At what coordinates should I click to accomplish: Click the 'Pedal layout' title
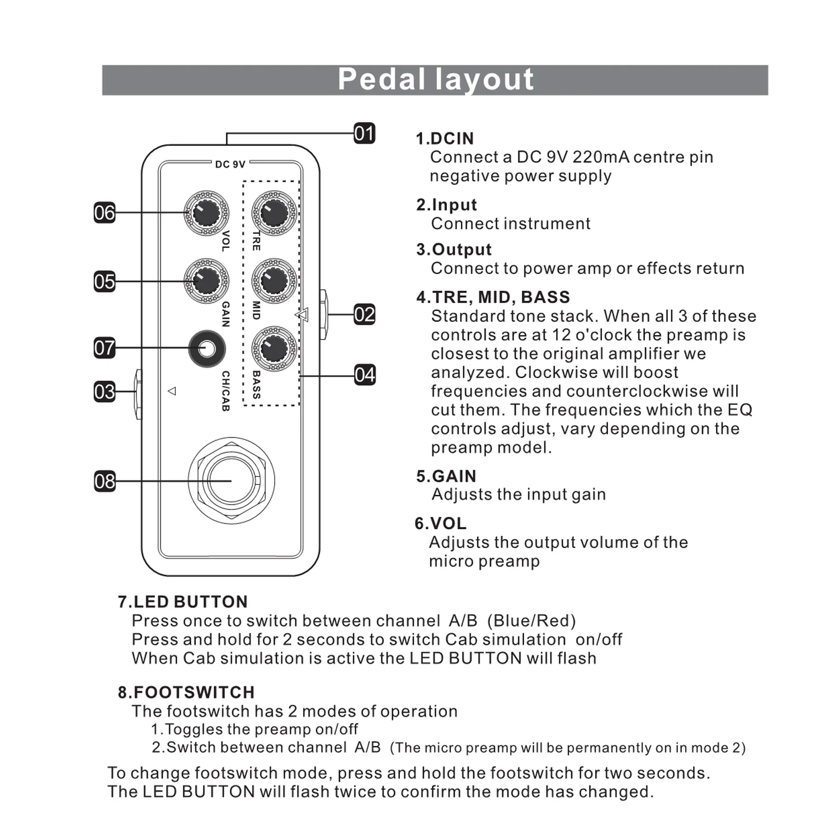(435, 79)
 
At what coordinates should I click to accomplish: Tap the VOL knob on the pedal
(206, 213)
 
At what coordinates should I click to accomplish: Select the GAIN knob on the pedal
(206, 281)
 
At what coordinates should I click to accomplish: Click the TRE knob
(274, 213)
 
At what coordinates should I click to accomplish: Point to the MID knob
(274, 281)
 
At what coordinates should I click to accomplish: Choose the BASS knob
(274, 348)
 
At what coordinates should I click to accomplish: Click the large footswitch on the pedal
(231, 480)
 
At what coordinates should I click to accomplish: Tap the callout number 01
(364, 134)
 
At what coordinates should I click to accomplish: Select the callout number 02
(364, 314)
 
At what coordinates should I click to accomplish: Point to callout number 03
(105, 392)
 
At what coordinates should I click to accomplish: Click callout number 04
(364, 375)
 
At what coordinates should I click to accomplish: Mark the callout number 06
(105, 213)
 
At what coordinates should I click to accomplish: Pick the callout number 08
(105, 481)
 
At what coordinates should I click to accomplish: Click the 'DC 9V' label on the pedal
(230, 164)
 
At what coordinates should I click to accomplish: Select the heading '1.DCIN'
(445, 139)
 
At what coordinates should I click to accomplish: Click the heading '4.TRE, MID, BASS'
(493, 297)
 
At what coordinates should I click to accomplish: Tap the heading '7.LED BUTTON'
(183, 602)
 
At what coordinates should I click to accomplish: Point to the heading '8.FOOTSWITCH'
(186, 692)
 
